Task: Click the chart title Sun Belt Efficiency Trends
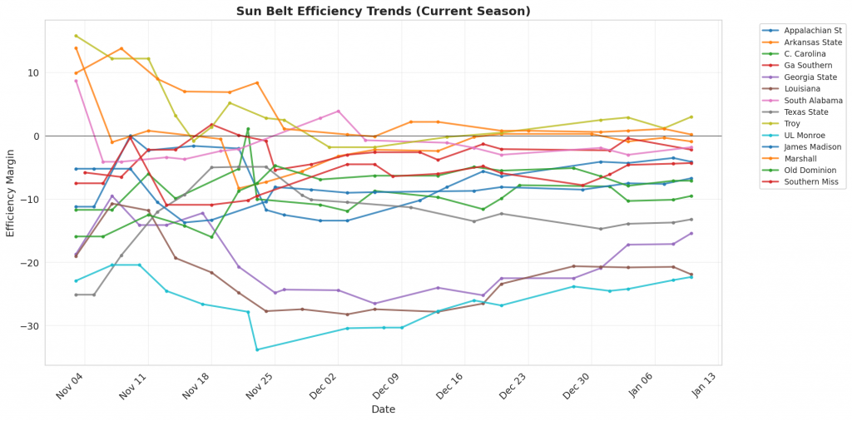(383, 11)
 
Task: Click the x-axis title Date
(383, 409)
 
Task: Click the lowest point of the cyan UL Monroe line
(257, 349)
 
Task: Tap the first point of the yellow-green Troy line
(76, 36)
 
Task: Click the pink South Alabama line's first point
(76, 81)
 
